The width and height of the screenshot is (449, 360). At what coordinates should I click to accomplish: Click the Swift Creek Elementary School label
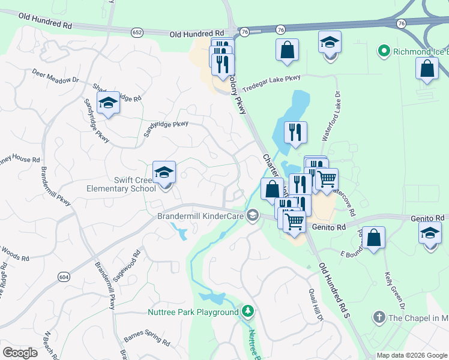[x=131, y=184]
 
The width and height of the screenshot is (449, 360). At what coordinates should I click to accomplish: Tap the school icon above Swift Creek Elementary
[x=164, y=173]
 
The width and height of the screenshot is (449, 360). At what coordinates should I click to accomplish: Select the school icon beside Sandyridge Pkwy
[x=108, y=103]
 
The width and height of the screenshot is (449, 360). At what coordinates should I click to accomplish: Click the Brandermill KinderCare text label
[x=200, y=215]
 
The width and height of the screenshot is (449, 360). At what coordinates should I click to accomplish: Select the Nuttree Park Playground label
[x=193, y=312]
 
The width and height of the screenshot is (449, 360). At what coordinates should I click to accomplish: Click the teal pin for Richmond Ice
[x=384, y=52]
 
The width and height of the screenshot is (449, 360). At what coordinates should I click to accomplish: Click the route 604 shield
[x=64, y=275]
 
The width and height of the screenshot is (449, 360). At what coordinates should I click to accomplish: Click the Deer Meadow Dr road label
[x=56, y=75]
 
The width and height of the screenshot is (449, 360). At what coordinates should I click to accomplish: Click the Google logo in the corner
[x=20, y=352]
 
